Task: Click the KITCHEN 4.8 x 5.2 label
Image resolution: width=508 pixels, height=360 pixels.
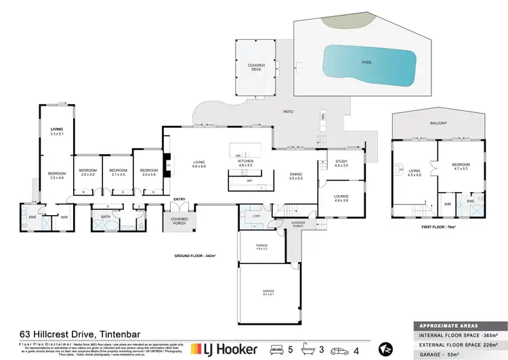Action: pos(245,163)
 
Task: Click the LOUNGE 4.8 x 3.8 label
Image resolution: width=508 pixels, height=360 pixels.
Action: pos(341,199)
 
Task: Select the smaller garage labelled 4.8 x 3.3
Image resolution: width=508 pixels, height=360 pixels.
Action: pos(261,248)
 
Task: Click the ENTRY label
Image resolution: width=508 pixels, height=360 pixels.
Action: pos(179,199)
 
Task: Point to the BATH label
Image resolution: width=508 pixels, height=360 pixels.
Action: pos(106,217)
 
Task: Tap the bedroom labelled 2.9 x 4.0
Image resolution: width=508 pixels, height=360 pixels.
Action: pos(87,172)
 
